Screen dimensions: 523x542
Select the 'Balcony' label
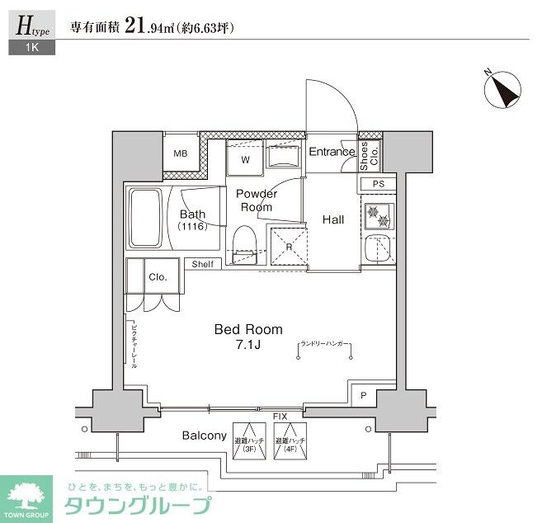click(x=205, y=436)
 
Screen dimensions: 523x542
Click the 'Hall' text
click(x=333, y=219)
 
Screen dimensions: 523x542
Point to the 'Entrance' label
click(x=332, y=152)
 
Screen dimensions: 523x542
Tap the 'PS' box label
click(x=379, y=184)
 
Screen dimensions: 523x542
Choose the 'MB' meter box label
click(x=180, y=153)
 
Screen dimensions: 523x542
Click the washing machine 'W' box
click(x=246, y=158)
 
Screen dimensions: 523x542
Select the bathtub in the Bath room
click(x=145, y=219)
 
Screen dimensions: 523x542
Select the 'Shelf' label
click(x=203, y=264)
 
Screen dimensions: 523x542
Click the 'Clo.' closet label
click(x=158, y=277)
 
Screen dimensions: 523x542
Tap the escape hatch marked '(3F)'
click(x=246, y=445)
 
